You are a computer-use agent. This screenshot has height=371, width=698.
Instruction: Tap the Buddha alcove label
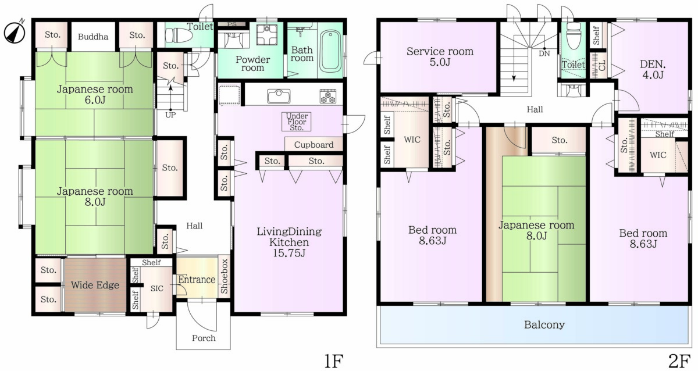pos(93,37)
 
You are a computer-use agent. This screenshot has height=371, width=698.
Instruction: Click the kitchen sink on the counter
pos(279,97)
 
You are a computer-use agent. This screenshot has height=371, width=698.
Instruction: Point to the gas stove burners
pos(328,97)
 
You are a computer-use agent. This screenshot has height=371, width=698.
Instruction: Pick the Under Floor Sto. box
pos(296,122)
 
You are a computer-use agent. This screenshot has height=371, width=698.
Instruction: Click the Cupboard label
pos(314,145)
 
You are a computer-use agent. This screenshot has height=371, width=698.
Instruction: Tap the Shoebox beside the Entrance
pos(224,276)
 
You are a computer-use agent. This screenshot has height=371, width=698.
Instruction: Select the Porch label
pos(204,338)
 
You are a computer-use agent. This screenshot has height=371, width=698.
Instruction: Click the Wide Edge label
pos(95,285)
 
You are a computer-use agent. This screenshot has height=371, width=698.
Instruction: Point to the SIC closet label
pos(156,288)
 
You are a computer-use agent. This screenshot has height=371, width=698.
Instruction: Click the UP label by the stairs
pos(170,115)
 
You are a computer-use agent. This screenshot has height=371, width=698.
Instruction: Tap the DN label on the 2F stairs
pos(544,53)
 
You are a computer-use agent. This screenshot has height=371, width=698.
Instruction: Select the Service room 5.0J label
pos(440,56)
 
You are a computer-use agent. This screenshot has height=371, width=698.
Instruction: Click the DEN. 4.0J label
pos(653,69)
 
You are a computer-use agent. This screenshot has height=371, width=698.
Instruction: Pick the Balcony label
pos(544,324)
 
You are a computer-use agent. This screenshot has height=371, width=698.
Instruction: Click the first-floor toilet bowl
pos(179,35)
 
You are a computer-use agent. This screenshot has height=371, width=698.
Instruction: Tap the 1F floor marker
pos(334,361)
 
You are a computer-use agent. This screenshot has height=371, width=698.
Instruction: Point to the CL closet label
pos(602,66)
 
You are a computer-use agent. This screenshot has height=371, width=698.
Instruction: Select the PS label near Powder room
pos(232,24)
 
